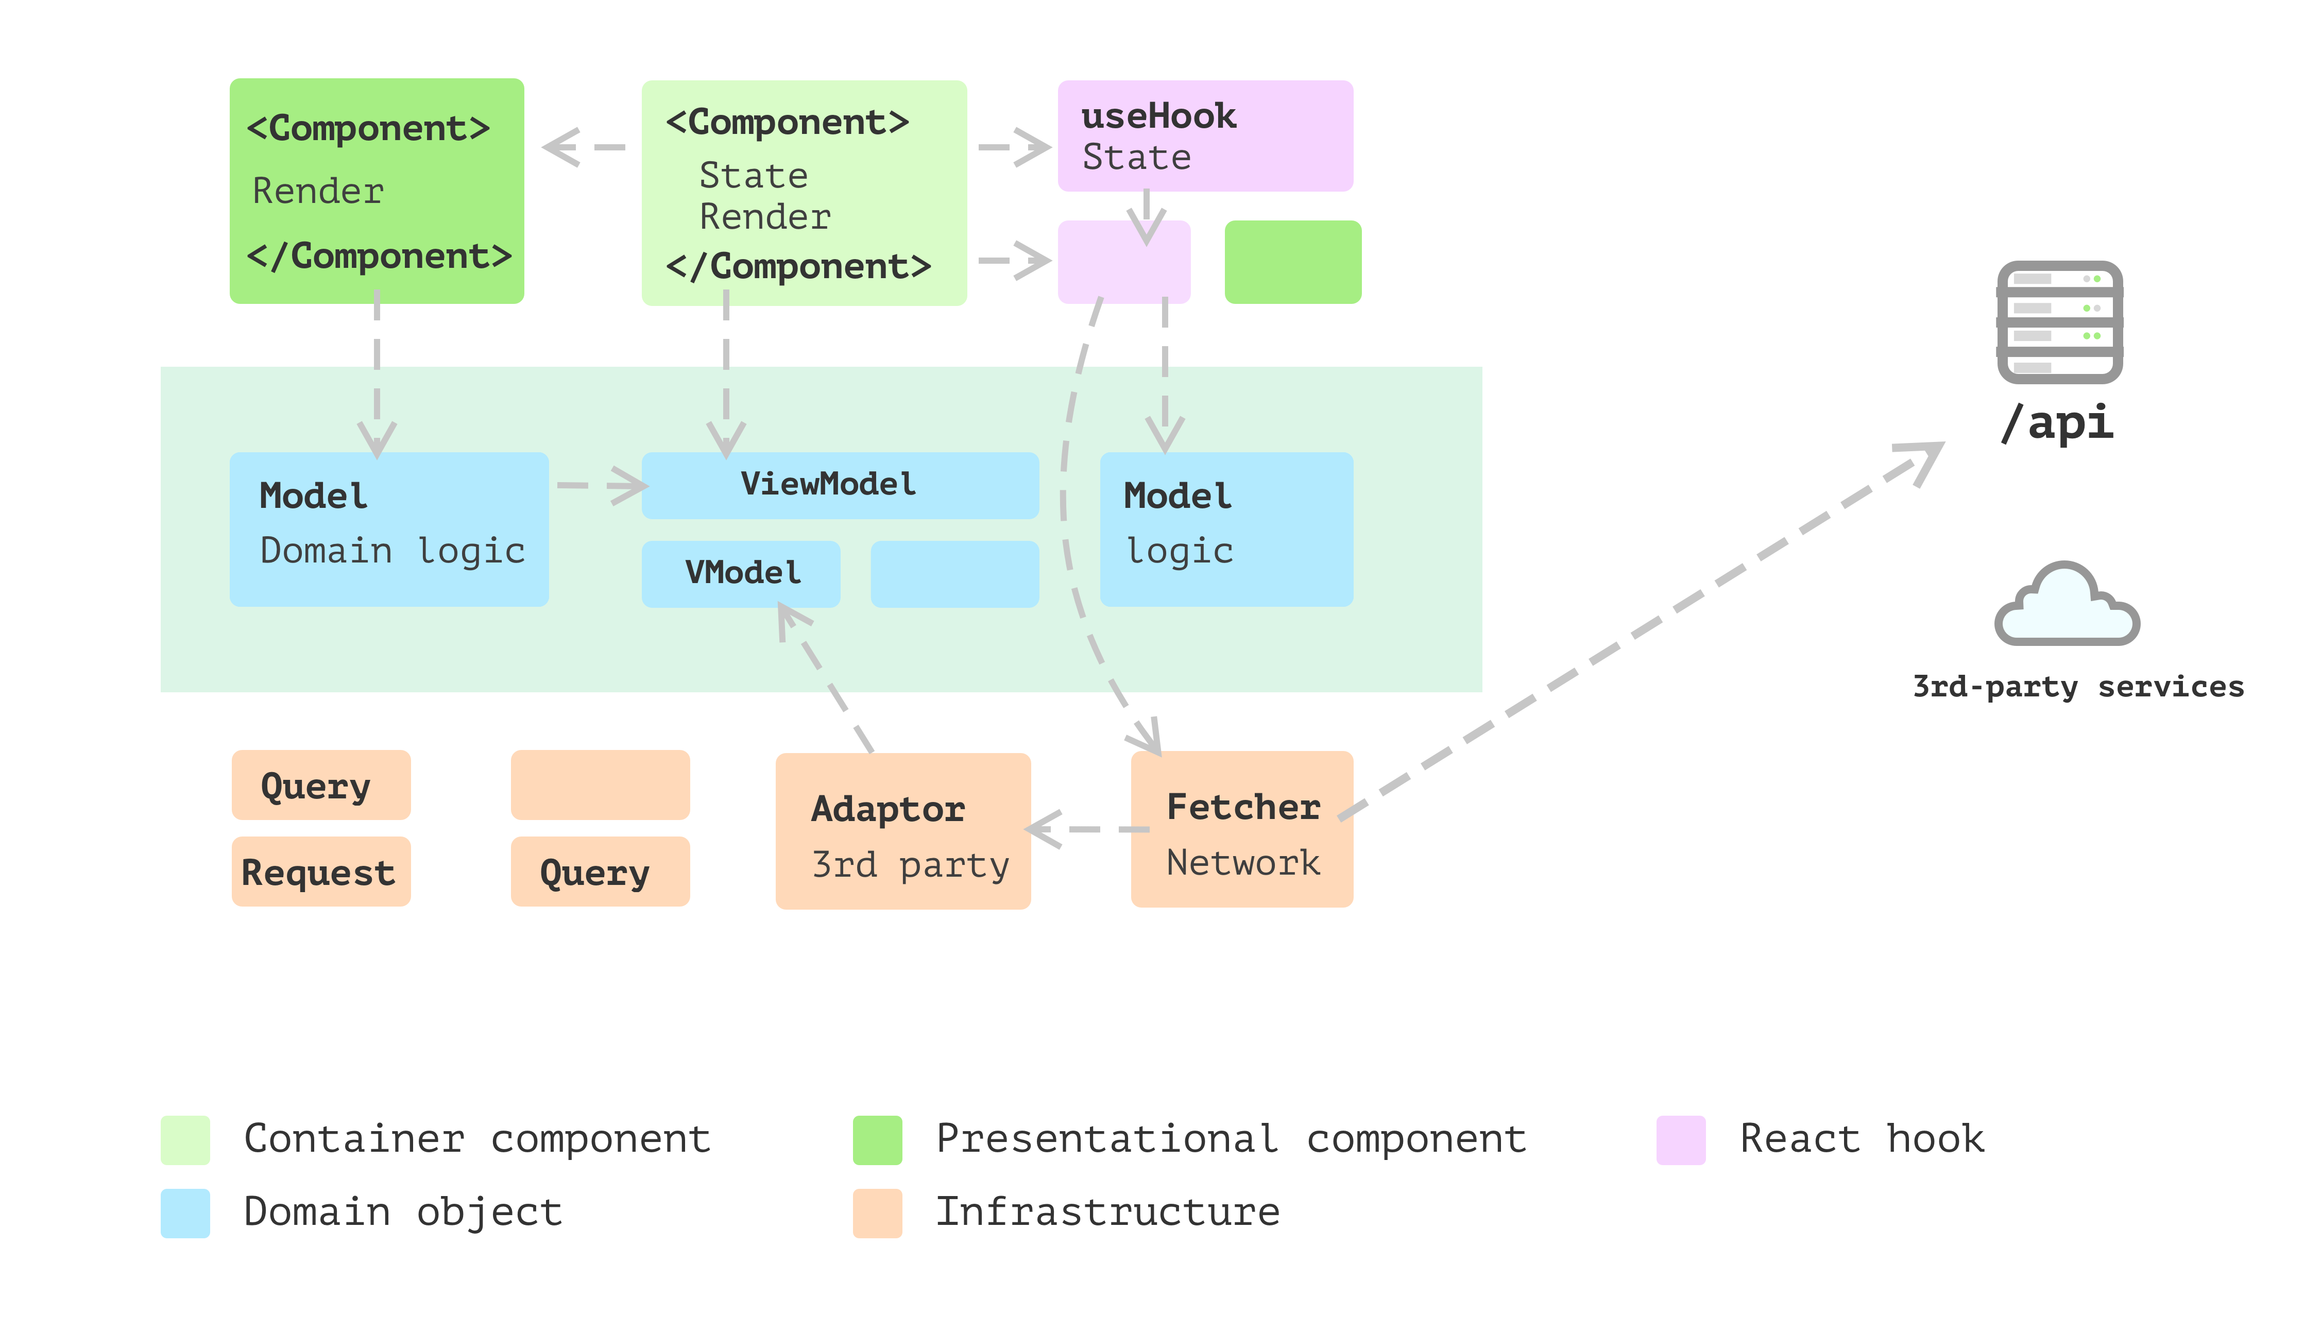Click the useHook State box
(1205, 136)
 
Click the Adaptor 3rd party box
(903, 831)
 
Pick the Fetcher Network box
(1241, 829)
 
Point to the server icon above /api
(2059, 322)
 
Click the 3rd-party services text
(2078, 687)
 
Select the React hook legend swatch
(1680, 1140)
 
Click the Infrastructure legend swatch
(878, 1213)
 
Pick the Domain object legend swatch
(185, 1213)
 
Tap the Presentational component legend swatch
(878, 1140)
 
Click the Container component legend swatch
(185, 1140)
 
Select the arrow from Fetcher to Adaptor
(1088, 829)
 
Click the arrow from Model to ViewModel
(603, 485)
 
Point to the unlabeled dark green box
(1292, 262)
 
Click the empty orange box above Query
(600, 784)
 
